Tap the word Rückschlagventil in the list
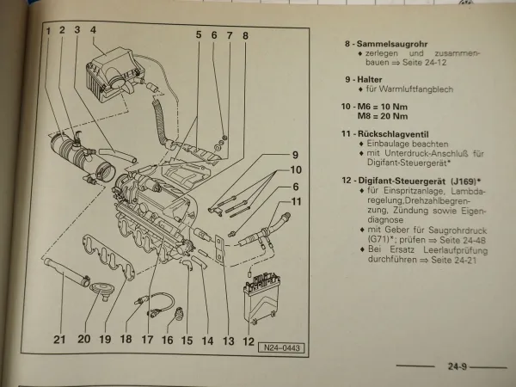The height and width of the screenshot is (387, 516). (x=398, y=134)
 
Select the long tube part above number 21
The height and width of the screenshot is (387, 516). (x=68, y=275)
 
